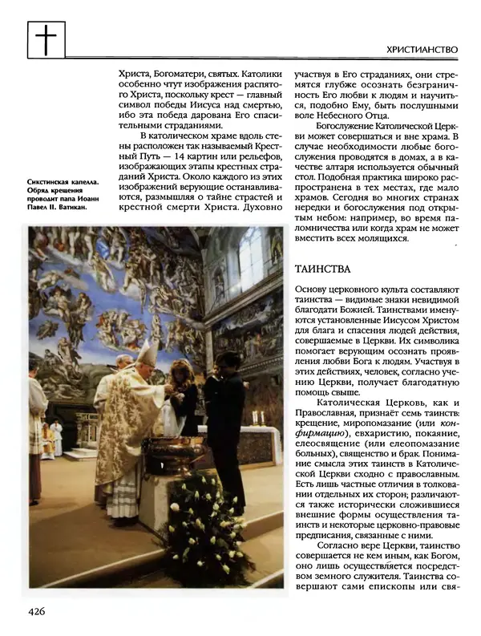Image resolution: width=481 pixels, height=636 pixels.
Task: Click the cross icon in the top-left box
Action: [x=46, y=39]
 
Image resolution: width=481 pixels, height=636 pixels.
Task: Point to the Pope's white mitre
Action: [x=147, y=353]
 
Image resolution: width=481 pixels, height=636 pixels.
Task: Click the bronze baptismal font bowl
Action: [x=176, y=452]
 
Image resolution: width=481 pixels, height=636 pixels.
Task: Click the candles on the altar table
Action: [x=258, y=418]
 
